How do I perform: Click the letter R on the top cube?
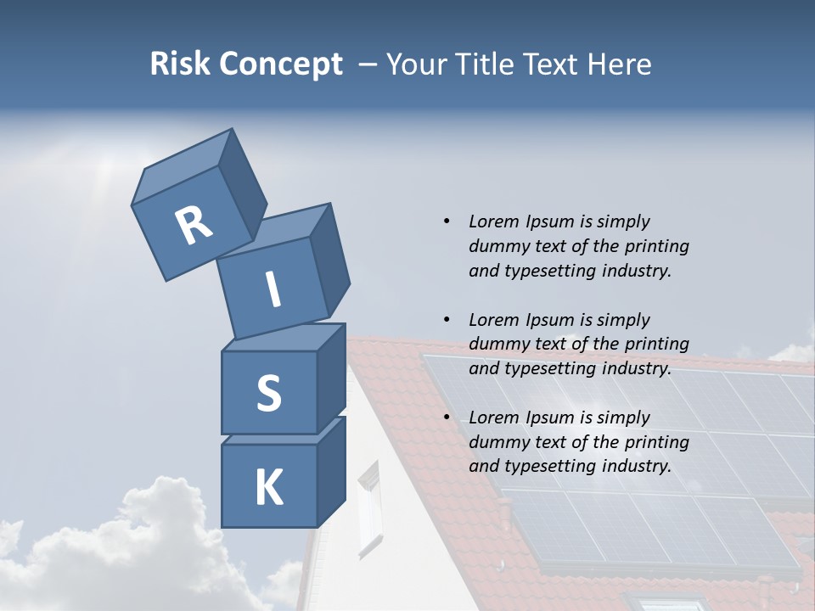[x=194, y=225]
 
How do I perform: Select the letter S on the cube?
[x=268, y=393]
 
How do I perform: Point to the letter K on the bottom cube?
[x=268, y=488]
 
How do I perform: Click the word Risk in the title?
[x=180, y=64]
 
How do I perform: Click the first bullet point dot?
[x=447, y=221]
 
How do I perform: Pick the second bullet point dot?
[x=447, y=320]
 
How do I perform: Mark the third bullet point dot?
[x=447, y=418]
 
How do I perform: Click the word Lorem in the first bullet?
[x=493, y=221]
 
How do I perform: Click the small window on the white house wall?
[x=369, y=509]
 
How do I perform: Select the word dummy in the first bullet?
[x=497, y=246]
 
